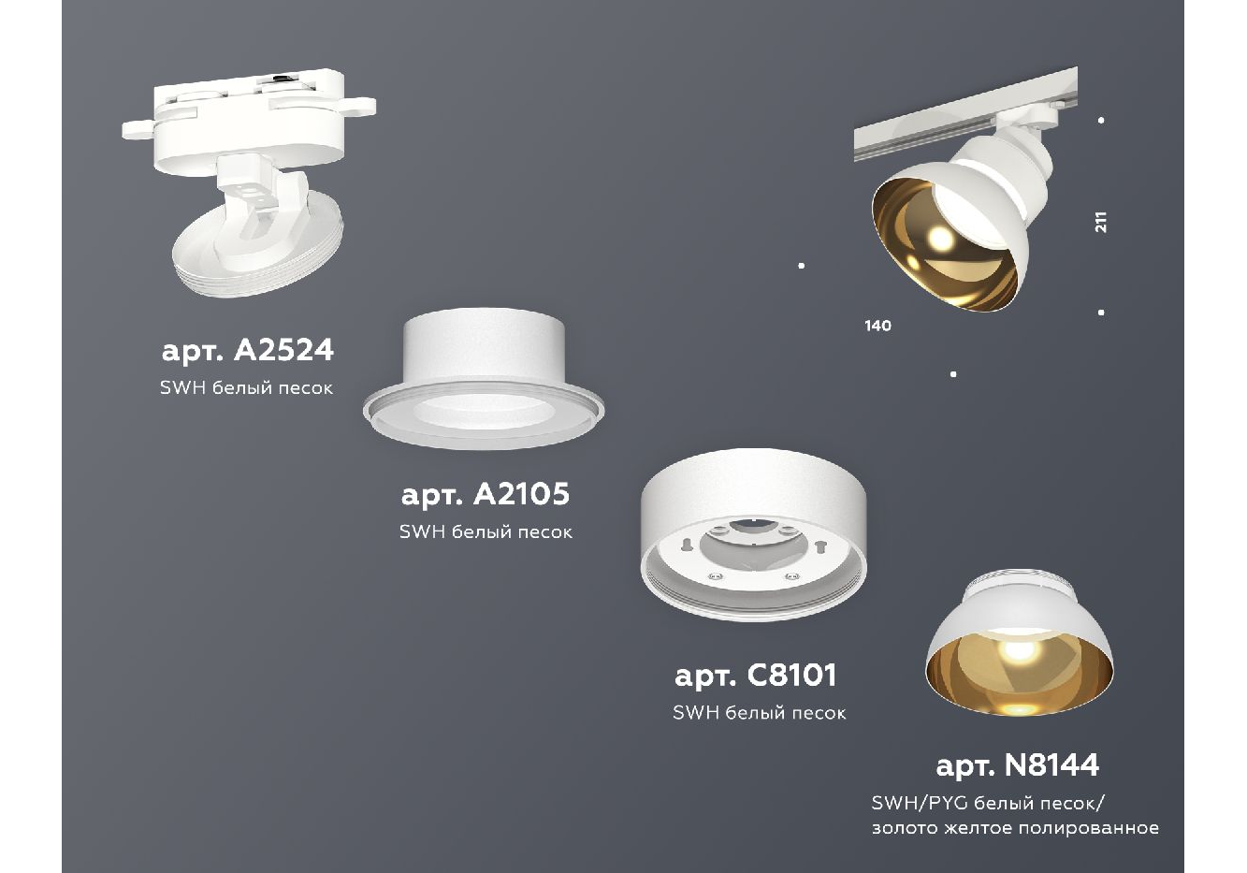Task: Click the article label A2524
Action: [248, 351]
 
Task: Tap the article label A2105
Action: [486, 494]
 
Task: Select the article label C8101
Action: [756, 676]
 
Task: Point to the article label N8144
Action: [1018, 764]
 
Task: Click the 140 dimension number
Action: [877, 326]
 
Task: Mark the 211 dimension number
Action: [1100, 222]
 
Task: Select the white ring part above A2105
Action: [484, 379]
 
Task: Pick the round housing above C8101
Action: [754, 533]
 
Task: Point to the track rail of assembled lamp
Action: [965, 113]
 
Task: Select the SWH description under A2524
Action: [246, 387]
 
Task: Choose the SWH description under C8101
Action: [759, 713]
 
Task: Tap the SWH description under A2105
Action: [486, 531]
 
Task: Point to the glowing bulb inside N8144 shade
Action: [1018, 649]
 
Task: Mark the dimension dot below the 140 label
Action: [953, 374]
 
